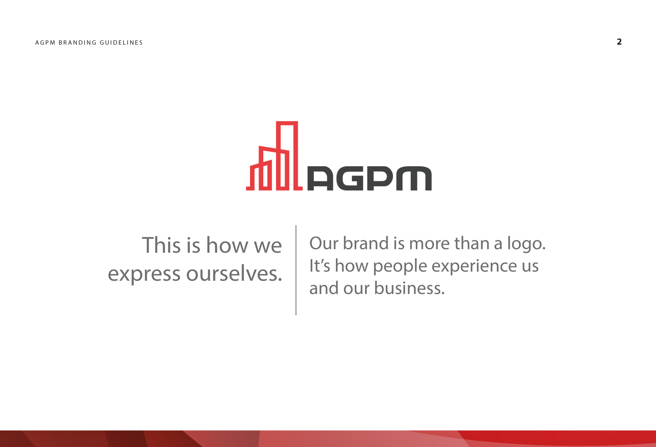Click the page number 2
click(619, 42)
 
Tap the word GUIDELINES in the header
click(121, 42)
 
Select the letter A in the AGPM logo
click(320, 179)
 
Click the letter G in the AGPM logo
click(350, 179)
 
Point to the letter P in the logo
click(380, 179)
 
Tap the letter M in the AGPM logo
click(414, 179)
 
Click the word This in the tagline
click(161, 245)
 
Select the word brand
click(366, 243)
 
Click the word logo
click(526, 244)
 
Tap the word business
click(409, 288)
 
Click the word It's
click(320, 266)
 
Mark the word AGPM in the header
click(45, 42)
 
